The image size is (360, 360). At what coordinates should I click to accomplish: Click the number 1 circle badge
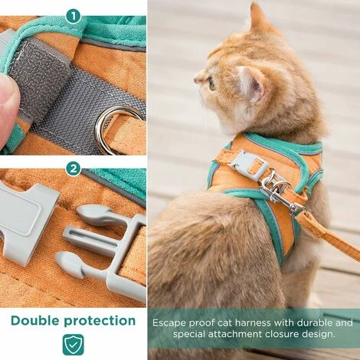pyautogui.click(x=74, y=15)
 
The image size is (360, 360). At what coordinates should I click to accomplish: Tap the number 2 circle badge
pyautogui.click(x=74, y=169)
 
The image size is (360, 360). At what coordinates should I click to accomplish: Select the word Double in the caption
pyautogui.click(x=41, y=320)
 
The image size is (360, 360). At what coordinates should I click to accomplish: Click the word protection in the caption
pyautogui.click(x=102, y=320)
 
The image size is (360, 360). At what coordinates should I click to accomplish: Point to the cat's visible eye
pyautogui.click(x=211, y=82)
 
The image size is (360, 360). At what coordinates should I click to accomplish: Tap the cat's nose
pyautogui.click(x=197, y=78)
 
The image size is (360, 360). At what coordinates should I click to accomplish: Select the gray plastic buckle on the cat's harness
pyautogui.click(x=246, y=164)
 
